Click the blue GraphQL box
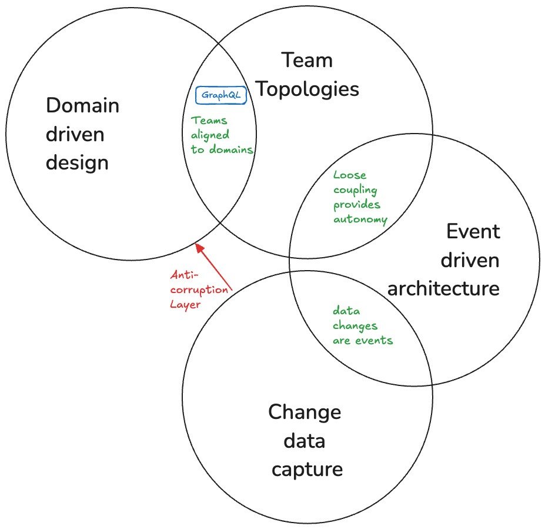pyautogui.click(x=220, y=95)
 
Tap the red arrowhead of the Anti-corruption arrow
pyautogui.click(x=199, y=247)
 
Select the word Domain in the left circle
pyautogui.click(x=82, y=106)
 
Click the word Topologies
pyautogui.click(x=308, y=89)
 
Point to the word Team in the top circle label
pyautogui.click(x=306, y=60)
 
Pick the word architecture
pyautogui.click(x=443, y=288)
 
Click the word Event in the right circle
pyautogui.click(x=473, y=231)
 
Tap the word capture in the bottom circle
pyautogui.click(x=306, y=469)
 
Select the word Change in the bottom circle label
pyautogui.click(x=305, y=411)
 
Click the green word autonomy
pyautogui.click(x=360, y=219)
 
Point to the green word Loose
pyautogui.click(x=350, y=175)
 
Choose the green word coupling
pyautogui.click(x=355, y=189)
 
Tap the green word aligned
pyautogui.click(x=210, y=135)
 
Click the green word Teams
pyautogui.click(x=209, y=121)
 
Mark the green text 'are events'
pyautogui.click(x=363, y=340)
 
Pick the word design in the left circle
pyautogui.click(x=77, y=162)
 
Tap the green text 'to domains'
pyautogui.click(x=222, y=150)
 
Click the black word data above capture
pyautogui.click(x=305, y=440)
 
